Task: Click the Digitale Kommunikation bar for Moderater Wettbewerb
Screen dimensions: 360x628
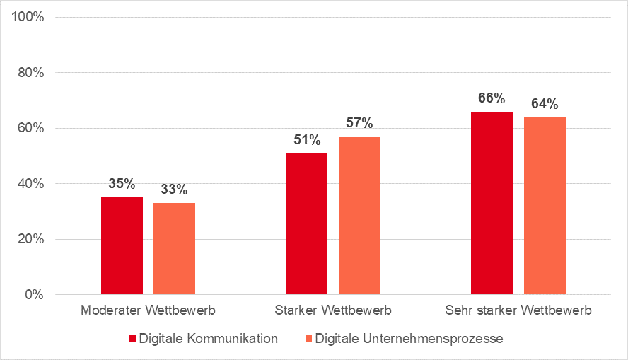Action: pyautogui.click(x=122, y=245)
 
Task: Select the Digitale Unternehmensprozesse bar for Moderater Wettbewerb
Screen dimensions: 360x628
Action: pyautogui.click(x=174, y=248)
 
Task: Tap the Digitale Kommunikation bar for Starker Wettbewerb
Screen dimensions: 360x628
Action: pyautogui.click(x=307, y=223)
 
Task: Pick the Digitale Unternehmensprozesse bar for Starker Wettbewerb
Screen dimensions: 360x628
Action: pyautogui.click(x=359, y=215)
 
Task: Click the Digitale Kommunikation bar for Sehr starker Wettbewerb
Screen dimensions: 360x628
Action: pyautogui.click(x=492, y=203)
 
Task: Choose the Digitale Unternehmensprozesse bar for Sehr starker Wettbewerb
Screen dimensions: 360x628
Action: pyautogui.click(x=545, y=206)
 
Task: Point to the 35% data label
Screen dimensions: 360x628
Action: pyautogui.click(x=122, y=184)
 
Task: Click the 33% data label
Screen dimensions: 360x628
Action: pyautogui.click(x=174, y=190)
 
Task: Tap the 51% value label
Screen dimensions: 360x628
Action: pyautogui.click(x=307, y=140)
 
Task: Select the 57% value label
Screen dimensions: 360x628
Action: pyautogui.click(x=359, y=123)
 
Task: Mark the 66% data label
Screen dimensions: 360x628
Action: pyautogui.click(x=492, y=98)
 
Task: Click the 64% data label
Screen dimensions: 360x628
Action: pyautogui.click(x=545, y=104)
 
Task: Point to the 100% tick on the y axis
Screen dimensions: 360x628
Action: pyautogui.click(x=28, y=17)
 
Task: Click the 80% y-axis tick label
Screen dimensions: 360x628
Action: pyautogui.click(x=31, y=73)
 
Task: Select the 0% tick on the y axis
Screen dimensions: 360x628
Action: pyautogui.click(x=34, y=294)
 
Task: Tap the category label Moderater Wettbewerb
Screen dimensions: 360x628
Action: pyautogui.click(x=148, y=310)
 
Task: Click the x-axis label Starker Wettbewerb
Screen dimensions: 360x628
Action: pyautogui.click(x=333, y=310)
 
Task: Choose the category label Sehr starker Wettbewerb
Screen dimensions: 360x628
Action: pyautogui.click(x=518, y=310)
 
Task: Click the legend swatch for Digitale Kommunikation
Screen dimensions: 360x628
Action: pyautogui.click(x=132, y=339)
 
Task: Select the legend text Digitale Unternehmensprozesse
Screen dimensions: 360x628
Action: pyautogui.click(x=409, y=339)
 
